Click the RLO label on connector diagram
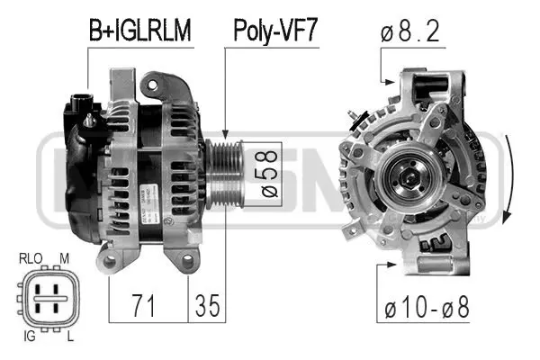(x=31, y=259)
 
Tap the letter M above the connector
(x=64, y=259)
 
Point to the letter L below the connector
(x=68, y=337)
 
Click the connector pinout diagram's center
(x=47, y=298)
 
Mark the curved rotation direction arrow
(x=508, y=180)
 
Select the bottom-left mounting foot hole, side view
(x=112, y=262)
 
